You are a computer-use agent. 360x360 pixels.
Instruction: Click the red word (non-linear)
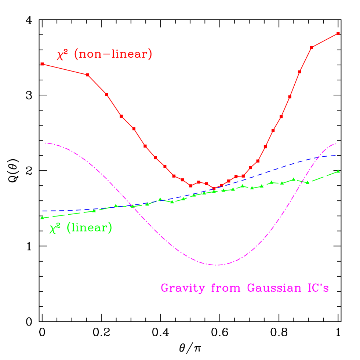(113, 55)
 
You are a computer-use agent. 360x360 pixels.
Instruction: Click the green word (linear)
(89, 228)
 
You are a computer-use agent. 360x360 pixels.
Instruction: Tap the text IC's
(318, 288)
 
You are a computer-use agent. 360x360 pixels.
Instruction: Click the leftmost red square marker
(42, 64)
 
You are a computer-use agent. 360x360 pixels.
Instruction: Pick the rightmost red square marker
(338, 33)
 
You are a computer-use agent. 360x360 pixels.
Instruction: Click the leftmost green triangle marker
(42, 218)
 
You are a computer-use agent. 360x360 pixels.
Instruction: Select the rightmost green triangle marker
(338, 171)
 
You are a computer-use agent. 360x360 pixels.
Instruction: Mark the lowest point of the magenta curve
(217, 265)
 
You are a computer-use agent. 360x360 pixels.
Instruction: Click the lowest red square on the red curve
(214, 188)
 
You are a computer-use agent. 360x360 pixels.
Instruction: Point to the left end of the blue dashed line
(43, 211)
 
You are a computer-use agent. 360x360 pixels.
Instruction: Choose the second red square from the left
(88, 75)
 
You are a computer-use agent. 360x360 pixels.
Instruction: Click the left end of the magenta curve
(45, 143)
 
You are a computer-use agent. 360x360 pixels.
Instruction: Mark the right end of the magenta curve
(336, 143)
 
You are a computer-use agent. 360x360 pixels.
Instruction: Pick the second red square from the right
(312, 48)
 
